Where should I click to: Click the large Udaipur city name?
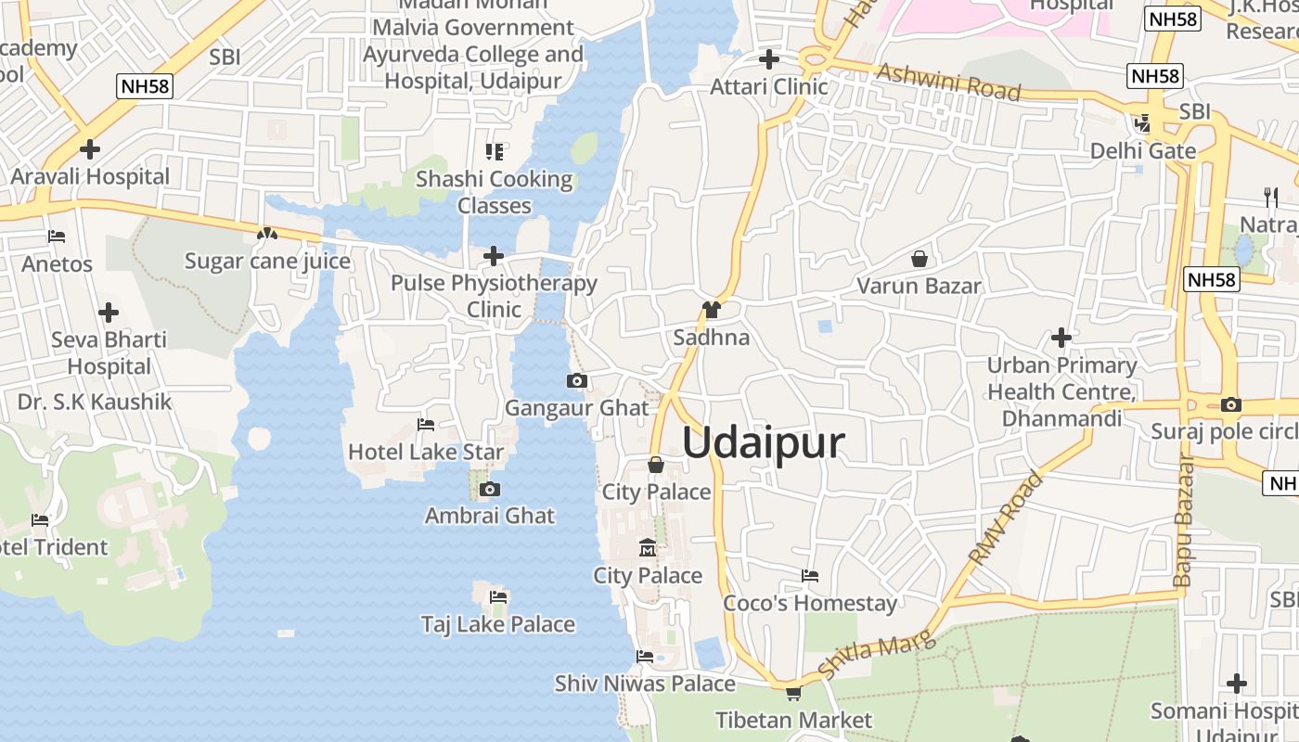764,443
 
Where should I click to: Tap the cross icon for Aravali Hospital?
90,148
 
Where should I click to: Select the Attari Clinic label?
768,87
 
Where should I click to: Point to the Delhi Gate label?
1142,150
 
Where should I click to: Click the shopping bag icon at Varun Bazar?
920,259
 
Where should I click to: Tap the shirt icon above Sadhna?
712,310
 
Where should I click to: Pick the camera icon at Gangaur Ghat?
576,380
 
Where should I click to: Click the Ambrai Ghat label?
490,516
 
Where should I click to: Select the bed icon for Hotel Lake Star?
426,425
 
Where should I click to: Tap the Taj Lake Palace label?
498,624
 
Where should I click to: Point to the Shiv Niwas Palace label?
645,684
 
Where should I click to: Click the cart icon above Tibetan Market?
793,692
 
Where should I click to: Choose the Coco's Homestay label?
810,603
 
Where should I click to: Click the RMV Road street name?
1006,518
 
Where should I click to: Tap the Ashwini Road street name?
947,83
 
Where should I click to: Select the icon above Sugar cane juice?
267,234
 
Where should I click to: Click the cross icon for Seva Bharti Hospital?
109,313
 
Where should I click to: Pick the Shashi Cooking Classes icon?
495,151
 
